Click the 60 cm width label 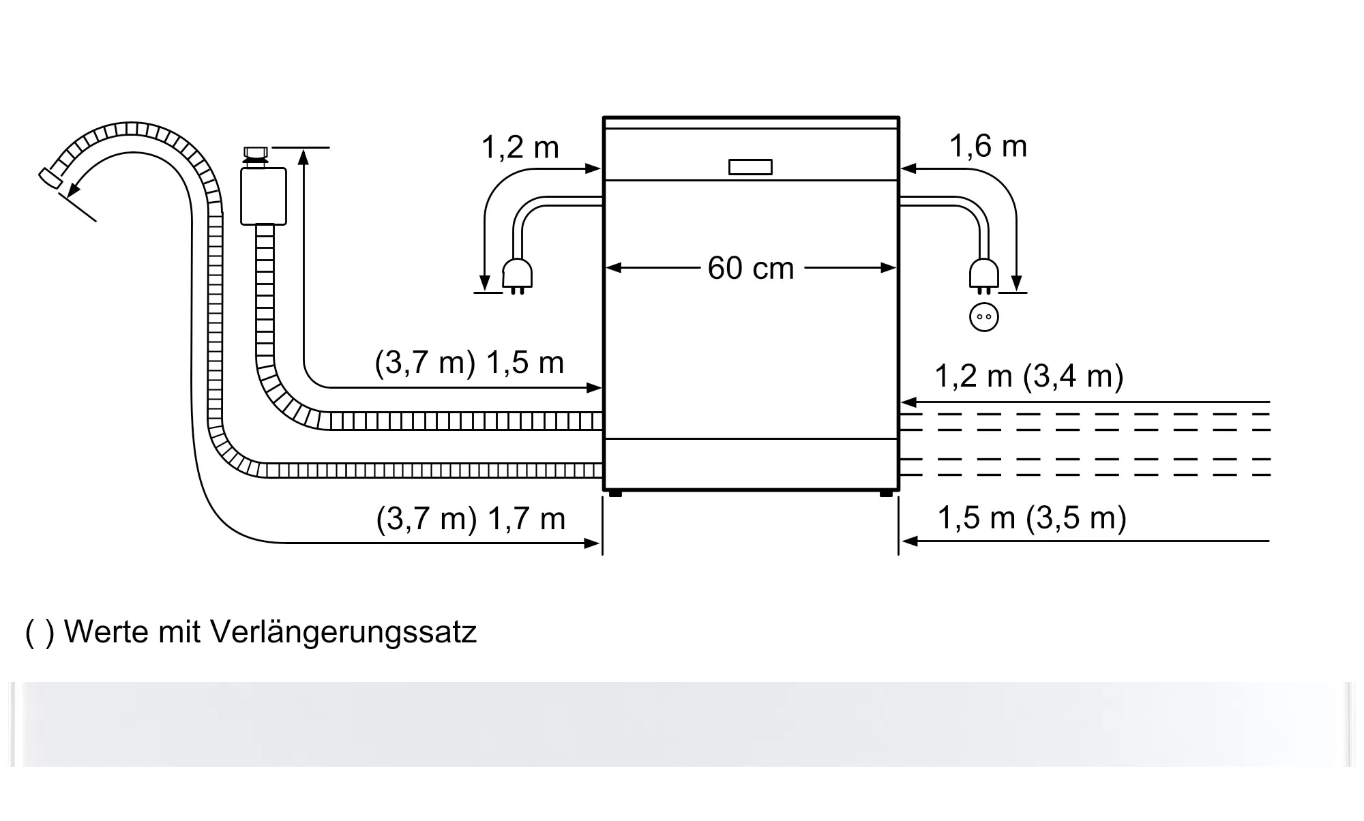click(x=750, y=268)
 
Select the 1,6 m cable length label click(x=988, y=146)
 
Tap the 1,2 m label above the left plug click(x=520, y=147)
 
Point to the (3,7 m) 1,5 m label click(x=469, y=362)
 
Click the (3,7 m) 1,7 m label click(x=471, y=519)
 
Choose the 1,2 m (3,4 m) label click(x=1028, y=376)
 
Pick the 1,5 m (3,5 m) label click(x=1032, y=518)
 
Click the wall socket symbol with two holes click(x=983, y=317)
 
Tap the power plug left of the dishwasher click(x=517, y=276)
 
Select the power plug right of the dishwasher click(x=983, y=276)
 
